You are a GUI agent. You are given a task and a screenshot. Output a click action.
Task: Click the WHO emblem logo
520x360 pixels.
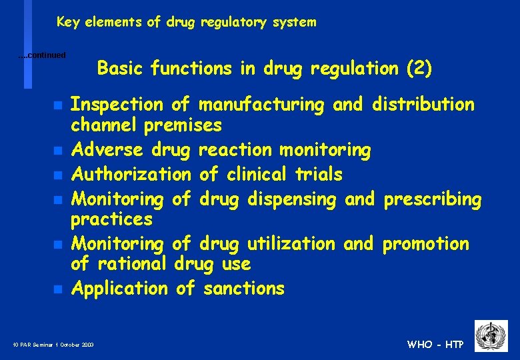click(491, 335)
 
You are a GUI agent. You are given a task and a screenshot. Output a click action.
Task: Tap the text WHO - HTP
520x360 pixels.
click(435, 345)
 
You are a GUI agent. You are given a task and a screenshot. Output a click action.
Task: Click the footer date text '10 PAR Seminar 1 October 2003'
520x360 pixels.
click(53, 345)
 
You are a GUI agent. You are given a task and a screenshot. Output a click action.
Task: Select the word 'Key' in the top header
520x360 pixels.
click(67, 22)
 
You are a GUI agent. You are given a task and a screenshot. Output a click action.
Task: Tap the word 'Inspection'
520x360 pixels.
click(117, 105)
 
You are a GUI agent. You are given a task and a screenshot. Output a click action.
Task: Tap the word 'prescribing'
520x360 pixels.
click(431, 199)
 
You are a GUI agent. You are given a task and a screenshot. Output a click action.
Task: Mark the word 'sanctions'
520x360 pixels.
click(244, 289)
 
